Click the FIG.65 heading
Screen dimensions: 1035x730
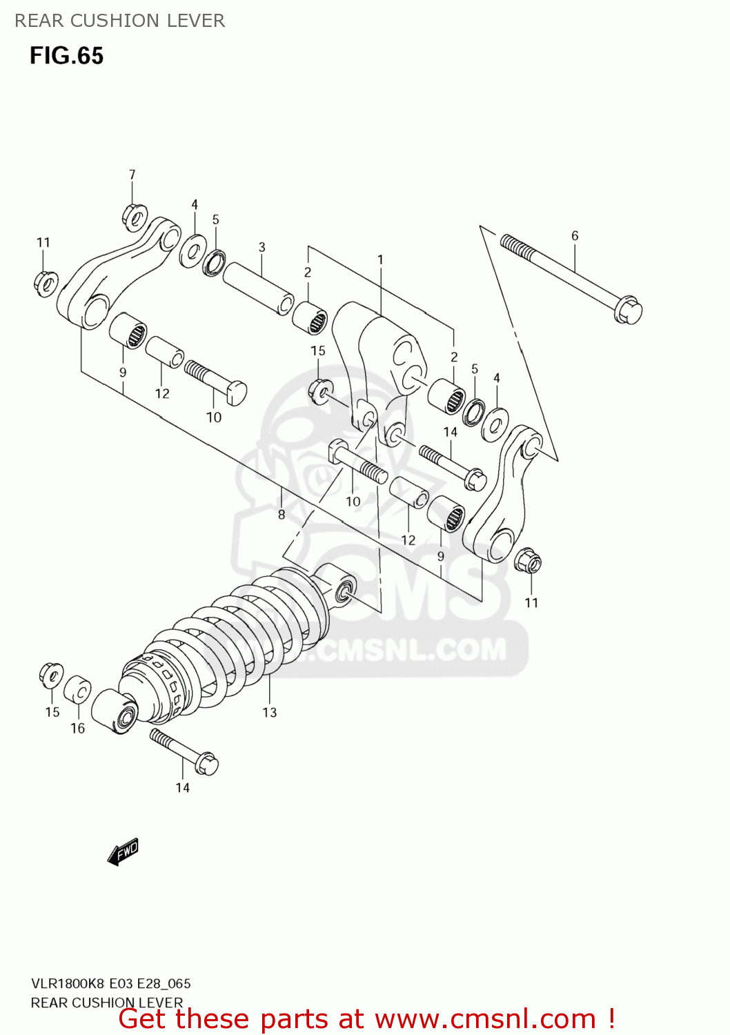[x=66, y=56]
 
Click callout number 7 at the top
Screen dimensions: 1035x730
[x=132, y=175]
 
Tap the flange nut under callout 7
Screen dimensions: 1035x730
[x=135, y=217]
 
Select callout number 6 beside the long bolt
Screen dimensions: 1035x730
[x=575, y=236]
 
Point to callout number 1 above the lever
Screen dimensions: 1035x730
[x=380, y=259]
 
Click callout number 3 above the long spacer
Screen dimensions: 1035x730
[x=262, y=247]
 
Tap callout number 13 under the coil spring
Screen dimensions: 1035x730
[x=269, y=712]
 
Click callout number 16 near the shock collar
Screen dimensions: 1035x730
[x=77, y=728]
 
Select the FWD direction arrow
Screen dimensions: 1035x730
[x=124, y=851]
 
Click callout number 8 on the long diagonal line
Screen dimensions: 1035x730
[x=282, y=514]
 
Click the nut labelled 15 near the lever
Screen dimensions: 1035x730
[x=321, y=391]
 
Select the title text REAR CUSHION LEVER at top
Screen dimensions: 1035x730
[x=120, y=21]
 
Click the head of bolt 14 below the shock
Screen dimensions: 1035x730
[x=206, y=764]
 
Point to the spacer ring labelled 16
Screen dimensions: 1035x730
[x=77, y=690]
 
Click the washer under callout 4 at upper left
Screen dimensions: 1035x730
[x=193, y=251]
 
